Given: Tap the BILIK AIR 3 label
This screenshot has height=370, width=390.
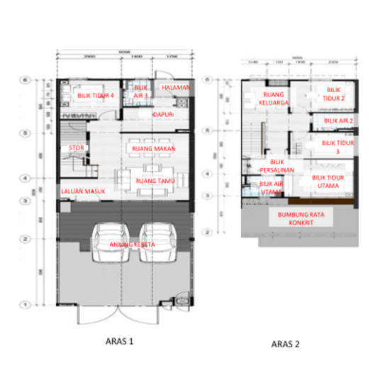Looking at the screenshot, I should coord(140,91).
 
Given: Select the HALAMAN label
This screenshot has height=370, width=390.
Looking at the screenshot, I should coord(176,87).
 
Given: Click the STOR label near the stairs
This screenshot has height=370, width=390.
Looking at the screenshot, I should coord(75,147).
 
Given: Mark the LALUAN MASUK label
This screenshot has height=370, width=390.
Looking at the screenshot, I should coord(78,191).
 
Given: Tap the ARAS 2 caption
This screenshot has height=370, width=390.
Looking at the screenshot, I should coord(286,344).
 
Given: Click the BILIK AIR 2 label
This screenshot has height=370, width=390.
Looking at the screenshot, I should coord(338,121).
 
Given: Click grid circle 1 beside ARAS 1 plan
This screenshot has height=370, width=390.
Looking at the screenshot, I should coord(25,305).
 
